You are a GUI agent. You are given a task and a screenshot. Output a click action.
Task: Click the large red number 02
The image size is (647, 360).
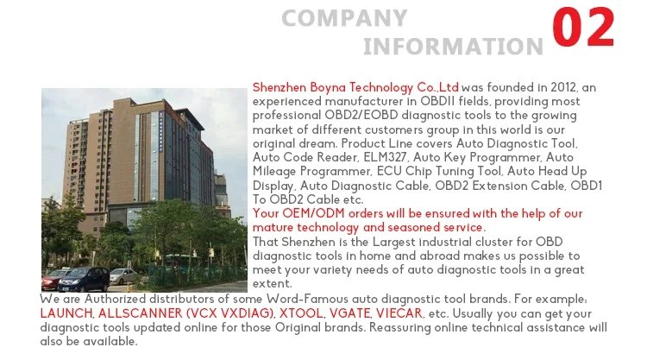coord(583,27)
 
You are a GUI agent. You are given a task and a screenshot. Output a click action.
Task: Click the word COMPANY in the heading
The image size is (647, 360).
coord(344,18)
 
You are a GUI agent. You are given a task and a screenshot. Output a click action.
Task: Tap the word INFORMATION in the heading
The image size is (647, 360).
coord(453,47)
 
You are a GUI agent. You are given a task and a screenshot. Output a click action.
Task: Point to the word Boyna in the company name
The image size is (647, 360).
coord(328,88)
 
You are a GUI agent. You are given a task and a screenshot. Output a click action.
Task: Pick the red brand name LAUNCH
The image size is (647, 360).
coord(66,313)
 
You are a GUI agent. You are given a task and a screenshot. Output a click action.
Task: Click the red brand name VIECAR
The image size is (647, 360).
coord(399,313)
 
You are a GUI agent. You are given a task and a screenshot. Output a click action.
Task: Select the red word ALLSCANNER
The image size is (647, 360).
coord(141,313)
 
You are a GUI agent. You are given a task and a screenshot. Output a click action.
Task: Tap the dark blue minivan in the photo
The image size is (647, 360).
coord(84,279)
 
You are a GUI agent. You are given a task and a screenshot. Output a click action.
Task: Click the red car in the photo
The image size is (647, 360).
coord(53,279)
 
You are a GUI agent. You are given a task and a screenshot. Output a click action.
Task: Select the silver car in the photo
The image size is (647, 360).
coord(122,275)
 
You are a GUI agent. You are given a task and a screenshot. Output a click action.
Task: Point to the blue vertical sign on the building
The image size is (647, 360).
coord(161,130)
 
